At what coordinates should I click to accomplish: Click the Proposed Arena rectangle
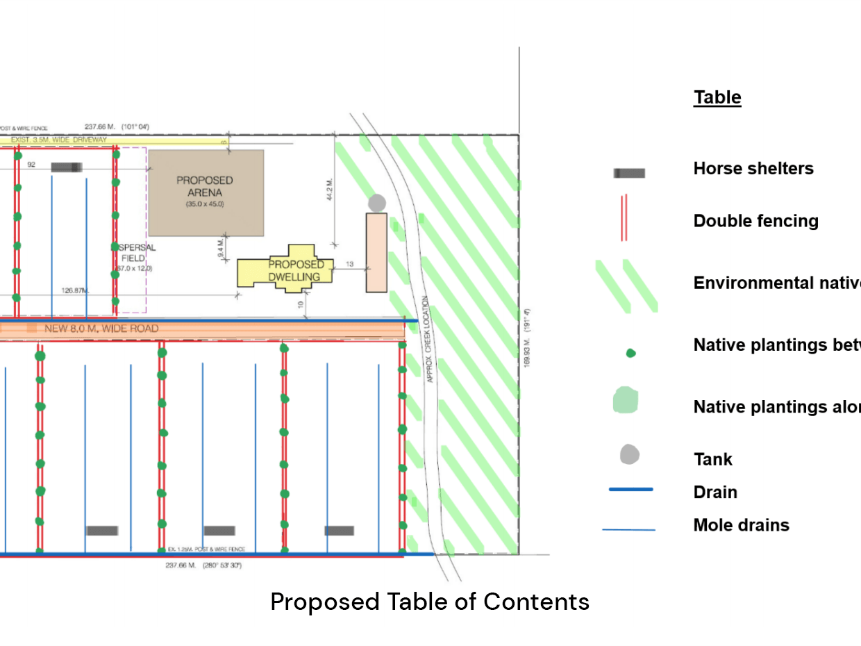coord(206,192)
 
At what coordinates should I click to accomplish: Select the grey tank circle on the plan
coord(377,203)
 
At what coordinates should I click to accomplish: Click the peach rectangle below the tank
coord(376,252)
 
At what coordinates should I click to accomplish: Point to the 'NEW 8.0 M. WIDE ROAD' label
coord(101,329)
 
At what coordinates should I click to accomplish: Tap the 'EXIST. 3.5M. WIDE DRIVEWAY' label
coord(58,140)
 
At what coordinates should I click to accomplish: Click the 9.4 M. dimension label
coord(221,248)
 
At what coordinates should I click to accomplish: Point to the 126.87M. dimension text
coord(76,290)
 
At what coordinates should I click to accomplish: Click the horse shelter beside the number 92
coord(67,167)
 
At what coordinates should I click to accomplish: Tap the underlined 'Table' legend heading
coord(717,97)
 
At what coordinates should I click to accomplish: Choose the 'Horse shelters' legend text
coord(753,168)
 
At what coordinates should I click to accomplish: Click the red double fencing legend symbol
coord(624,217)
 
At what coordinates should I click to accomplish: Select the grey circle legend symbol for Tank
coord(630,455)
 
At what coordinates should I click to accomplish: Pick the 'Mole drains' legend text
coord(741,525)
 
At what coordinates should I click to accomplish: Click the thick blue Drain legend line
coord(630,490)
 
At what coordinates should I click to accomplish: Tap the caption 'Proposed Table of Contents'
coord(430,602)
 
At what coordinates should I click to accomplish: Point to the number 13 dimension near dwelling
coord(349,264)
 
